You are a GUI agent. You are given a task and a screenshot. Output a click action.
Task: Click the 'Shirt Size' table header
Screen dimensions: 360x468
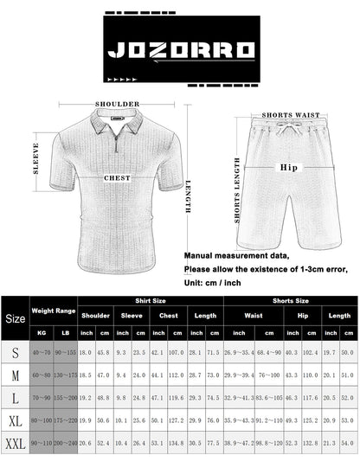tap(150, 301)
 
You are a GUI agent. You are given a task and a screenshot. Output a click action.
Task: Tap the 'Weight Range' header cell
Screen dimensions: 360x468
tap(53, 309)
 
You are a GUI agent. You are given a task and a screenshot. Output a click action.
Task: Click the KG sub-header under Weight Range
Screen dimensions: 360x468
tap(41, 331)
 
